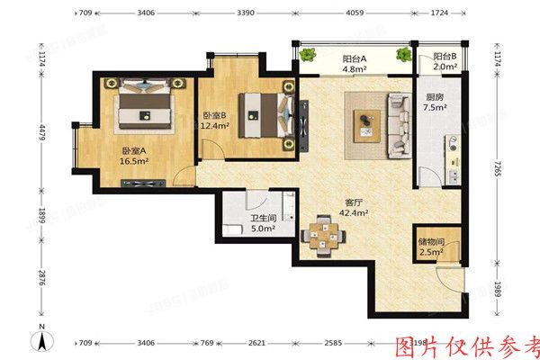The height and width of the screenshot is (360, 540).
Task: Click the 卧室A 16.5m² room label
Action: pos(135,158)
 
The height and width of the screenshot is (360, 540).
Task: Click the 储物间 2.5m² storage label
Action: pos(430,247)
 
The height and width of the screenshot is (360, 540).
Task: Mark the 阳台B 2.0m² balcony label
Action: pos(443,61)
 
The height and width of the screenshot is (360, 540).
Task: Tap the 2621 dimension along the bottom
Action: pos(256,343)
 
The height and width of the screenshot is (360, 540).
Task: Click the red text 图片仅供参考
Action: pos(468,346)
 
